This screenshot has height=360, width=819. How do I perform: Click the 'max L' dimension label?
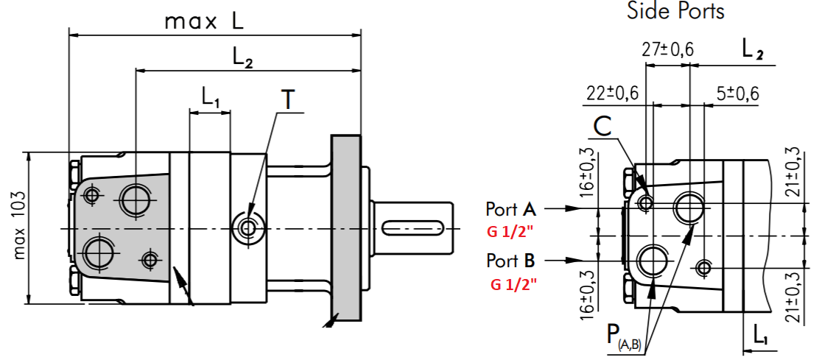[x=204, y=21]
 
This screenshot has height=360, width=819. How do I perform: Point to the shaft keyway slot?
[x=412, y=227]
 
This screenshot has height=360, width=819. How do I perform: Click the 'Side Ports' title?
[x=676, y=10]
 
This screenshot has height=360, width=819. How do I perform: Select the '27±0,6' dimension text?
[x=667, y=49]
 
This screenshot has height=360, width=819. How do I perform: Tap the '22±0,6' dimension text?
[x=611, y=93]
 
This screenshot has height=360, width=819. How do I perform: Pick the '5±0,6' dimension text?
[x=737, y=93]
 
